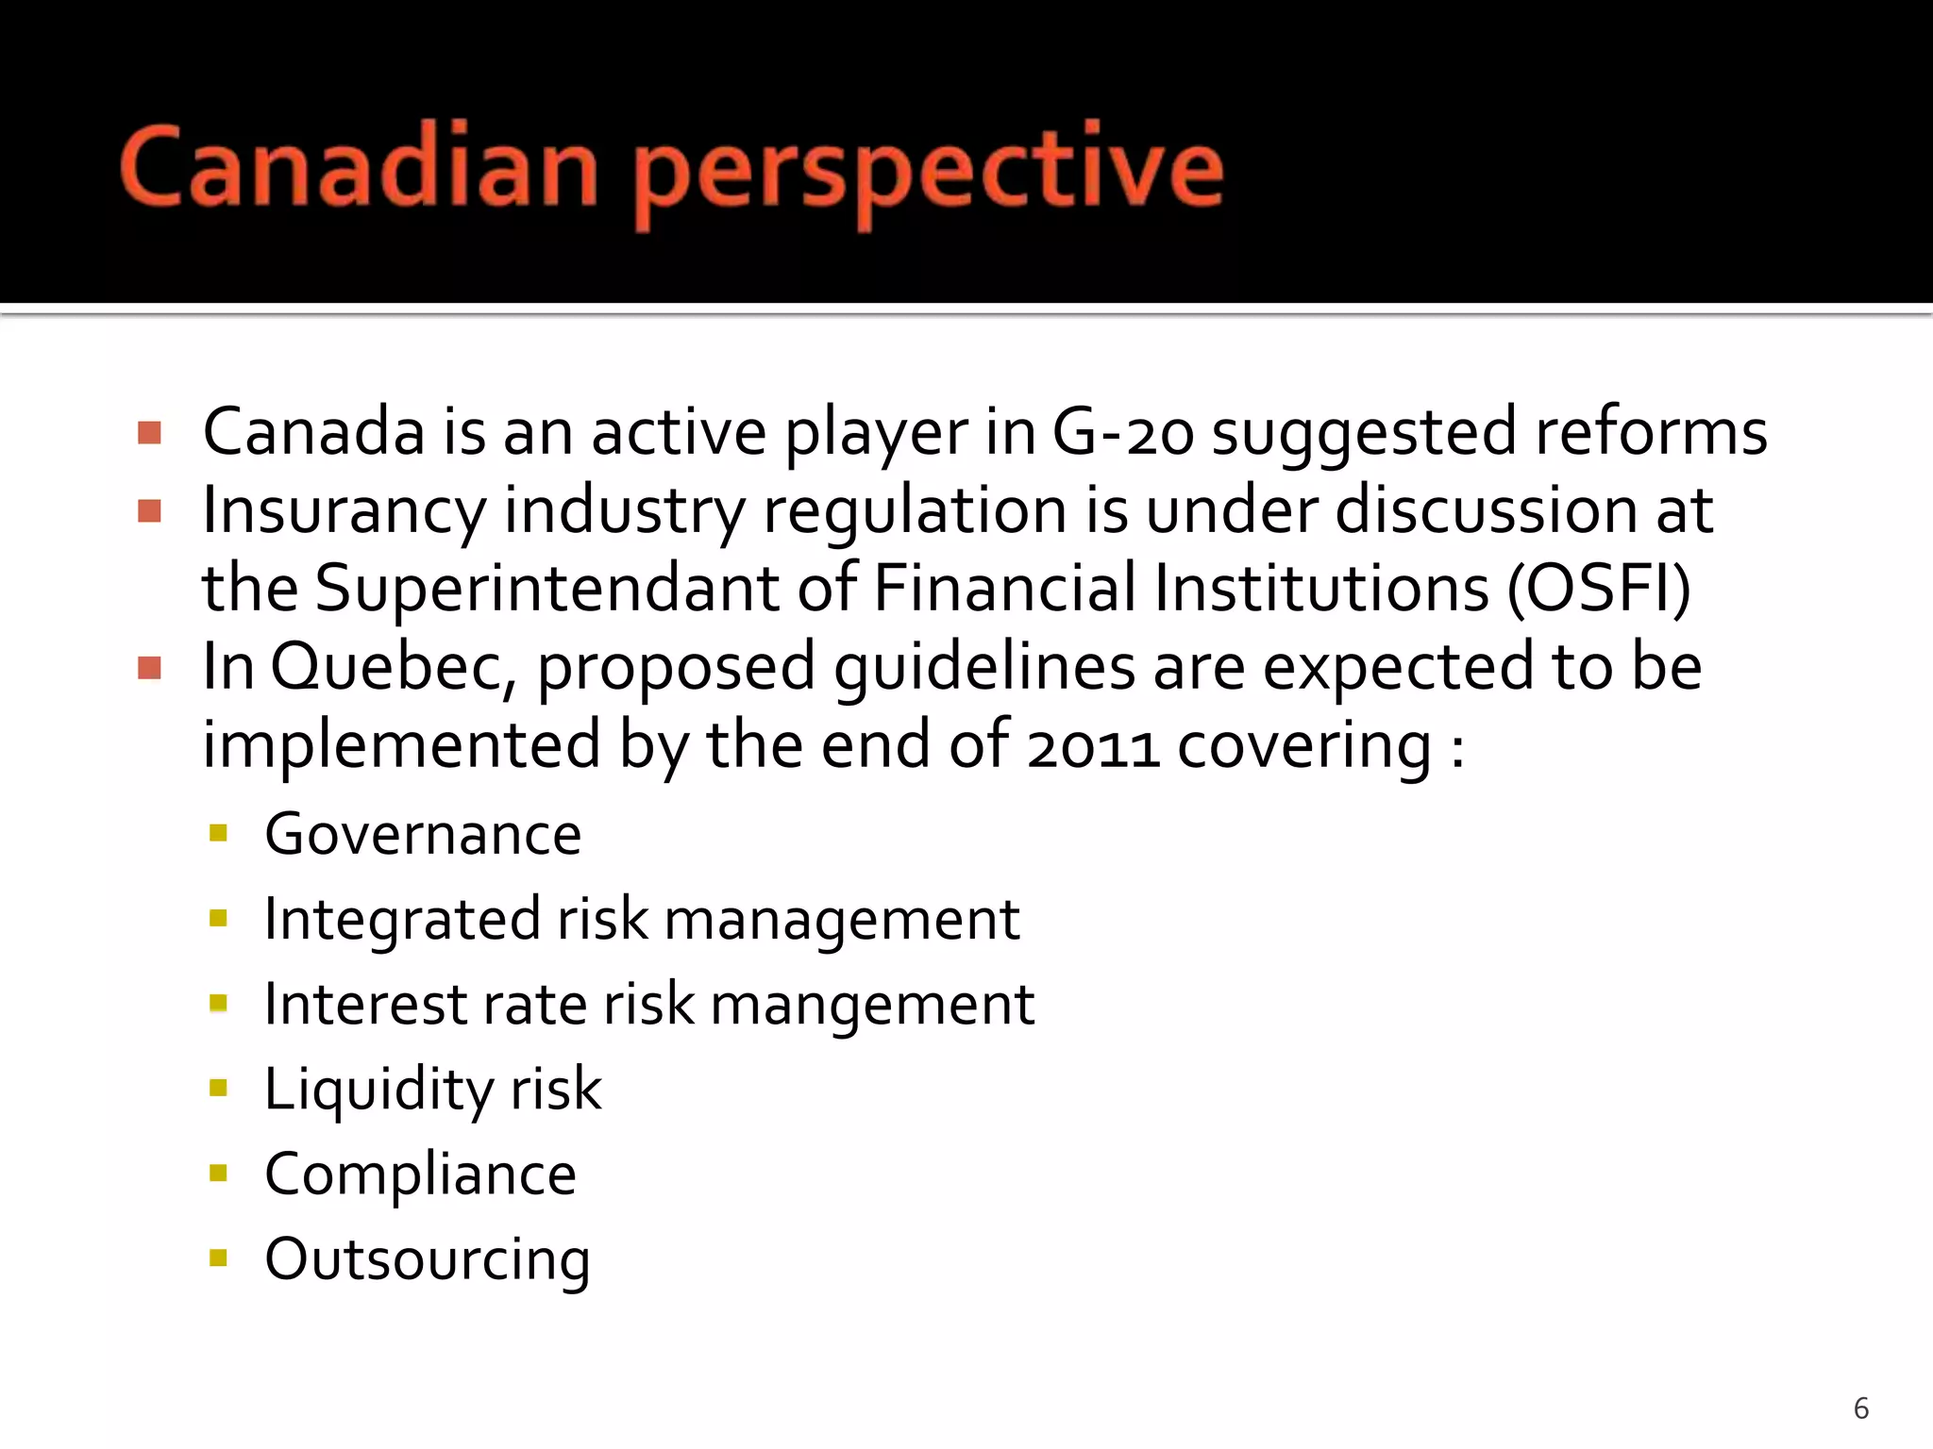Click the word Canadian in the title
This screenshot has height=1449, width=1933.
coord(359,168)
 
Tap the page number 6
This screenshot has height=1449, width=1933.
coord(1861,1408)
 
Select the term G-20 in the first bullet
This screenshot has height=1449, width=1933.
coord(1123,432)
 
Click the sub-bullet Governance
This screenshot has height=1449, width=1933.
coord(423,835)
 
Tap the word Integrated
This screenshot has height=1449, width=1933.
coord(402,920)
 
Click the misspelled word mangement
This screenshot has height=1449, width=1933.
coord(872,1005)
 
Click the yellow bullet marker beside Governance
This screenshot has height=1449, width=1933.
coord(219,833)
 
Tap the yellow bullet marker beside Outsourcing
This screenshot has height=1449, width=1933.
coord(219,1257)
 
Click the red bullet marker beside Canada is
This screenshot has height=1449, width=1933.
coord(149,433)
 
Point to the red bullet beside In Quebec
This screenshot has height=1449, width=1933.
coord(149,668)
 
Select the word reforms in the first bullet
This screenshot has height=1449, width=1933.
coord(1651,432)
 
